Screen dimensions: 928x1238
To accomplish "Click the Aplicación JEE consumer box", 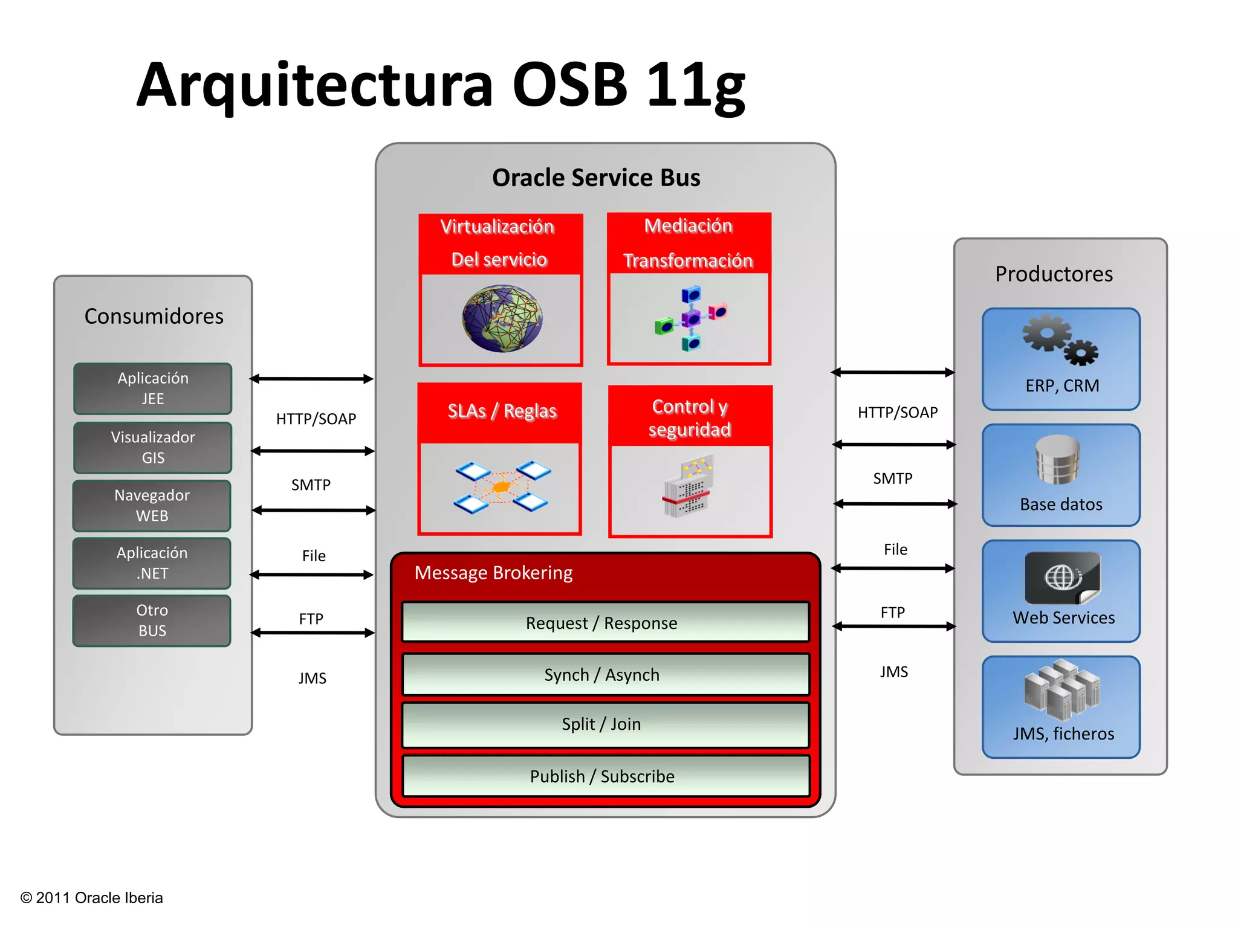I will pos(152,388).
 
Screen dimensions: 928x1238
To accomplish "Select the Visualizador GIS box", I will pos(152,448).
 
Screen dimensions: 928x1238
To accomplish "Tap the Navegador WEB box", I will pos(152,506).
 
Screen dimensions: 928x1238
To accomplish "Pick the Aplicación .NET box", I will pos(152,563).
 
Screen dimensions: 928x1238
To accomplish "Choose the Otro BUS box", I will pos(152,620).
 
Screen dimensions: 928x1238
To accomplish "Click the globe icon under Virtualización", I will pos(502,318).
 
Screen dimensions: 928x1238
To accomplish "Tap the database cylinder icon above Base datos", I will pos(1057,460).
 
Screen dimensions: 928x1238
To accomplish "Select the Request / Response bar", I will pos(605,622).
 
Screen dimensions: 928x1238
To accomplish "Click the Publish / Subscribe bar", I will pos(605,776).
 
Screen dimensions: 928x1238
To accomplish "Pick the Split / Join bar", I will pos(605,724).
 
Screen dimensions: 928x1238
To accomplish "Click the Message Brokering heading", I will pos(493,573).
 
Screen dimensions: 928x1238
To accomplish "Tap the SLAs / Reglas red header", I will pos(501,411).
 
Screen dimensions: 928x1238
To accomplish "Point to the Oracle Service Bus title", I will pos(596,178).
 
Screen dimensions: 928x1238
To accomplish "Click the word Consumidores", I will pos(154,316).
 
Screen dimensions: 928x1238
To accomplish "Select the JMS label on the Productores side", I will pos(893,672).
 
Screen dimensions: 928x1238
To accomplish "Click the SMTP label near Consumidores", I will pos(311,485).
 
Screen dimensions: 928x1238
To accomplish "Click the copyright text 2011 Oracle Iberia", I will pos(92,898).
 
